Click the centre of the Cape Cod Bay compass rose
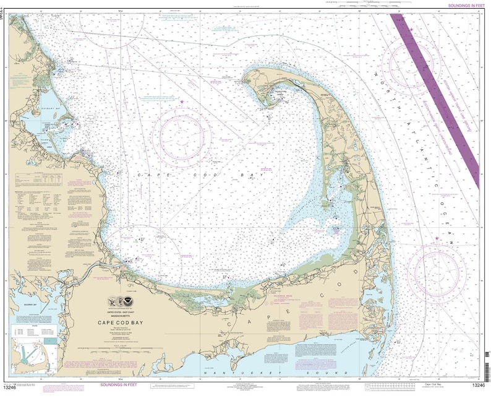point(182,136)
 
